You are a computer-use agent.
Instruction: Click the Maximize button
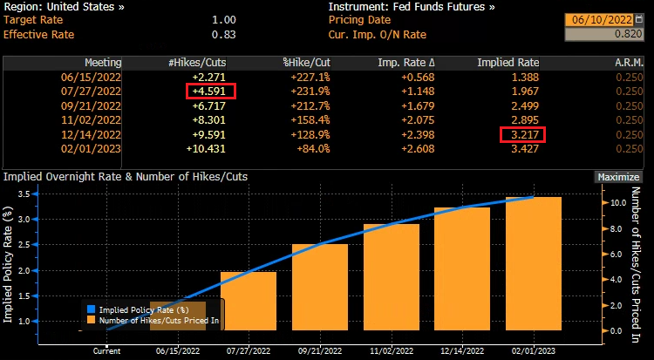(x=617, y=177)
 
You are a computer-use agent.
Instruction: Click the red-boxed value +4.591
(x=210, y=92)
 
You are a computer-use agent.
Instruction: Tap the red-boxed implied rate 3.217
(x=522, y=134)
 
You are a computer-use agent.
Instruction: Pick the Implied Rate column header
(x=508, y=63)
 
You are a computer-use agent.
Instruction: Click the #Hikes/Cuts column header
(x=201, y=63)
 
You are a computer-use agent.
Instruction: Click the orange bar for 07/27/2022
(x=249, y=301)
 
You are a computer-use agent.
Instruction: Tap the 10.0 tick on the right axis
(x=616, y=201)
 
